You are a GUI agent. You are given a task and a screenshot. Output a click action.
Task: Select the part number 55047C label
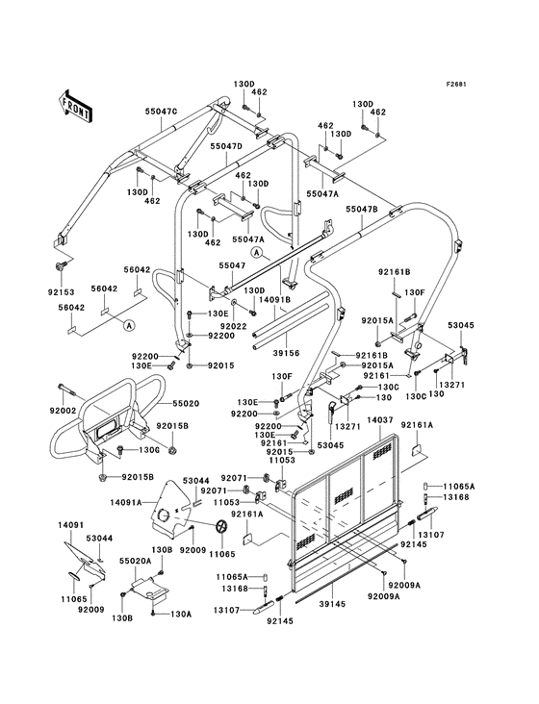161,111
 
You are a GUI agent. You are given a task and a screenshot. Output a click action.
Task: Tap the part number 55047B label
362,210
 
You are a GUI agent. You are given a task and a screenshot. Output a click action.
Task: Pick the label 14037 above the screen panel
379,420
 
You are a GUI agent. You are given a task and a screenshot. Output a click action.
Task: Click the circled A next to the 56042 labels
129,325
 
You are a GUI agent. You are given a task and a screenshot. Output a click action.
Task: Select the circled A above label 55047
256,253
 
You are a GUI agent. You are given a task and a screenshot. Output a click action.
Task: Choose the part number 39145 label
332,604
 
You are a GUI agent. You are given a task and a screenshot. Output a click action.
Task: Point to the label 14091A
126,501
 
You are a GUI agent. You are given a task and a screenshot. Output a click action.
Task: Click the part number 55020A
135,561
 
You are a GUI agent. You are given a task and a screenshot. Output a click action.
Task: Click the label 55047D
226,146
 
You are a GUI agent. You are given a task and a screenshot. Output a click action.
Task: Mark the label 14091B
275,299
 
